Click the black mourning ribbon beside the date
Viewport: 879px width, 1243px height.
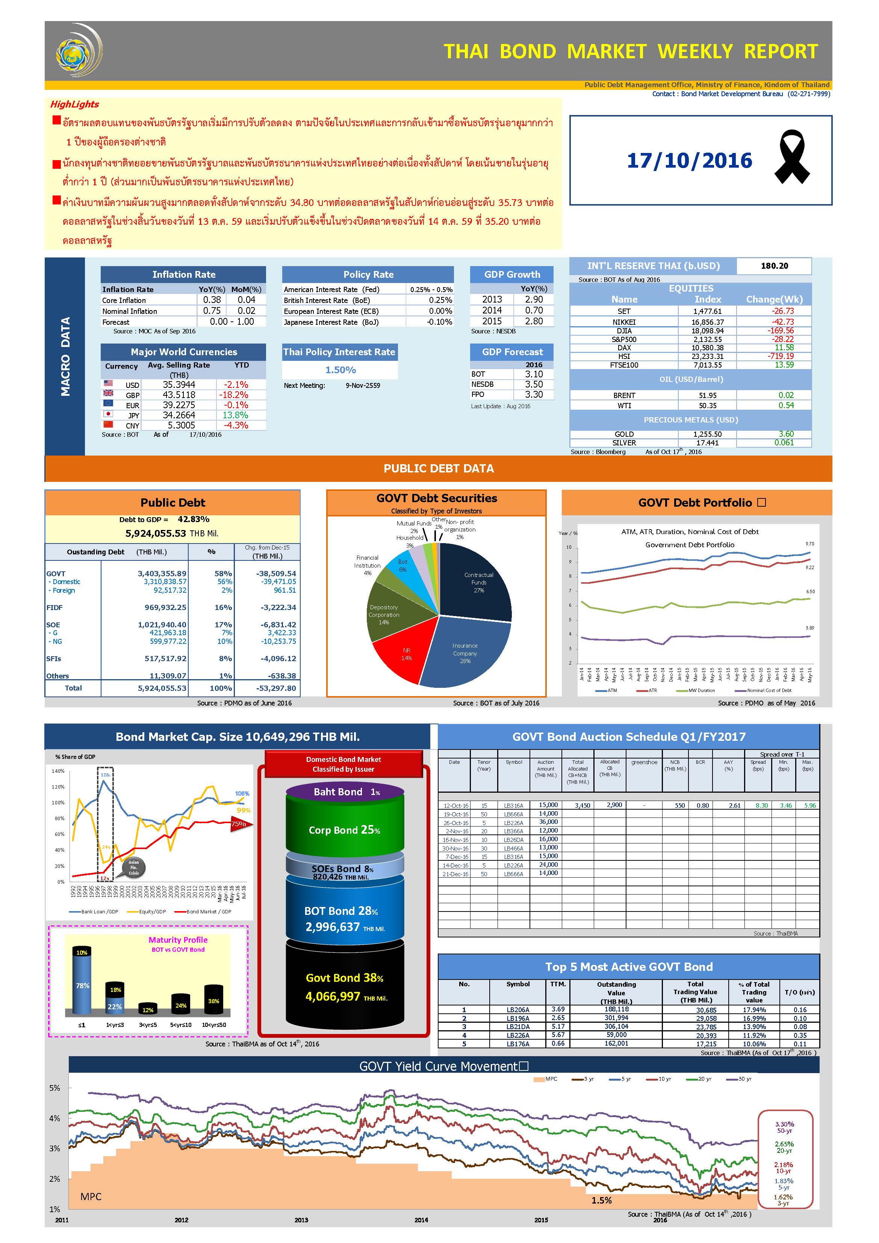click(x=792, y=157)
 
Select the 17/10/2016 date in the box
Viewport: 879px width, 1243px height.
click(x=689, y=161)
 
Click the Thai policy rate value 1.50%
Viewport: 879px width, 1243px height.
click(x=340, y=370)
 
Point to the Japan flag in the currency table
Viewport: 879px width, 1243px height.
click(x=108, y=415)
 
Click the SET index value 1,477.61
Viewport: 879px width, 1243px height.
click(x=707, y=311)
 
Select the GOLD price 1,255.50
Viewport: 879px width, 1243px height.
click(x=707, y=434)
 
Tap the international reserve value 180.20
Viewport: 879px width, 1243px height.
click(x=774, y=266)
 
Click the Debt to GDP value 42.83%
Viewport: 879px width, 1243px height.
click(x=193, y=519)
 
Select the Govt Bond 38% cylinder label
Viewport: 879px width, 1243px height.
click(x=344, y=978)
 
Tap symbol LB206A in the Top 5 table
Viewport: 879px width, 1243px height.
click(x=517, y=1010)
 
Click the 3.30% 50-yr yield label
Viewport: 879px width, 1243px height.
click(x=784, y=1125)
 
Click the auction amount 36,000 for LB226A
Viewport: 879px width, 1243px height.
click(x=548, y=822)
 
